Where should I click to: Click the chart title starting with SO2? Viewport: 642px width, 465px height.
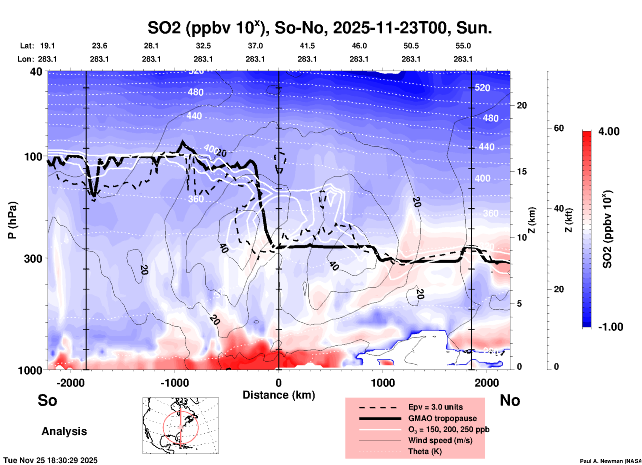(319, 28)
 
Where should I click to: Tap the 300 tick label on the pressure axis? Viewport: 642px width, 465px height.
(33, 259)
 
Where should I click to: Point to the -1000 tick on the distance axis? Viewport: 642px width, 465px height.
(174, 383)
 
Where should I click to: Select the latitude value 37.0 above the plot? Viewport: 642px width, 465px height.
(255, 46)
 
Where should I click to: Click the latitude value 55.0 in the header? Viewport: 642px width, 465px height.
(463, 46)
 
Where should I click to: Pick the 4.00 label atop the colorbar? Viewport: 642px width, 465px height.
(609, 131)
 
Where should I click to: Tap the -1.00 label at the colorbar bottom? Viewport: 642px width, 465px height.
(610, 327)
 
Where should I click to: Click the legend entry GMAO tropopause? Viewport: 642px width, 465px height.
(442, 418)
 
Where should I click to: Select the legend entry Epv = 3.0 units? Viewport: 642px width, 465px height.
(435, 407)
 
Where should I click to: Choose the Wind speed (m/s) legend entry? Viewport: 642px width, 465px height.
(440, 440)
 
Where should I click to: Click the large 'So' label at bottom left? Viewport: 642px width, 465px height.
(47, 400)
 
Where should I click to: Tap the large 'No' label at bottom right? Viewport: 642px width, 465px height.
(510, 400)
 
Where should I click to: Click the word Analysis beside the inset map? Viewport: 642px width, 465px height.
(64, 431)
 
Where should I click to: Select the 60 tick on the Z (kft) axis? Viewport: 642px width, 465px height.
(559, 128)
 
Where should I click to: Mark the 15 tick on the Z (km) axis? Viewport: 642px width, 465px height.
(521, 171)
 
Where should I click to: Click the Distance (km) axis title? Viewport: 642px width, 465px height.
(279, 395)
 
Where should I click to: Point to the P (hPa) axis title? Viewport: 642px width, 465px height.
(12, 220)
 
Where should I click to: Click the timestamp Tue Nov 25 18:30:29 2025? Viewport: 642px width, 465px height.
(51, 460)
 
